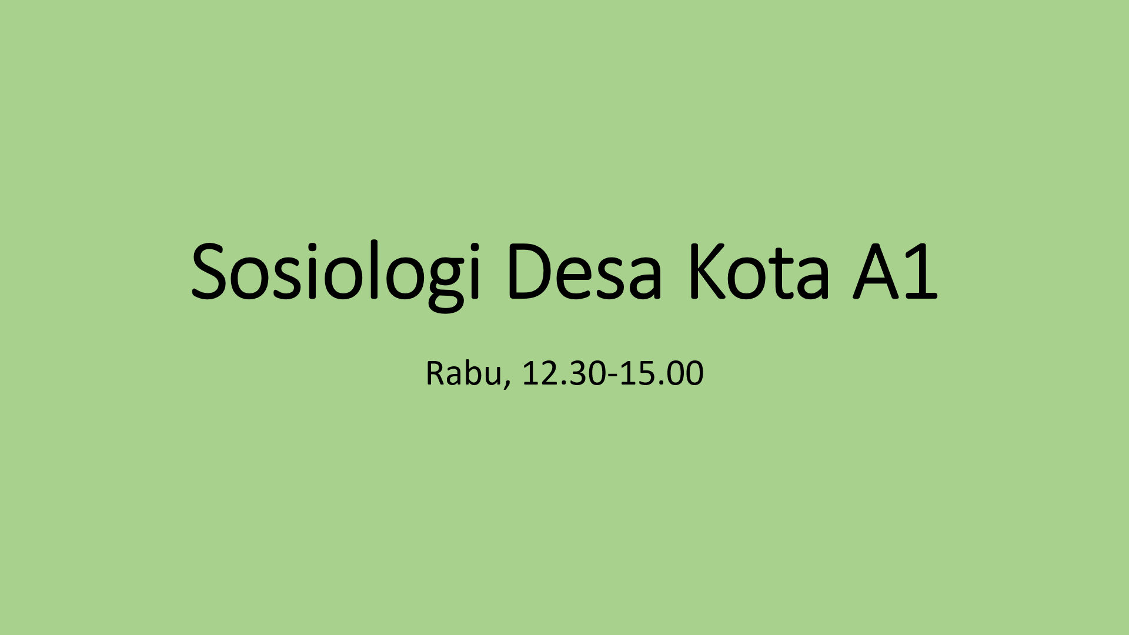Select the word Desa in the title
[x=584, y=272]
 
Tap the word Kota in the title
[x=759, y=272]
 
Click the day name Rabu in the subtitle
[x=463, y=373]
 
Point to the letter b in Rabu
[x=473, y=373]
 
